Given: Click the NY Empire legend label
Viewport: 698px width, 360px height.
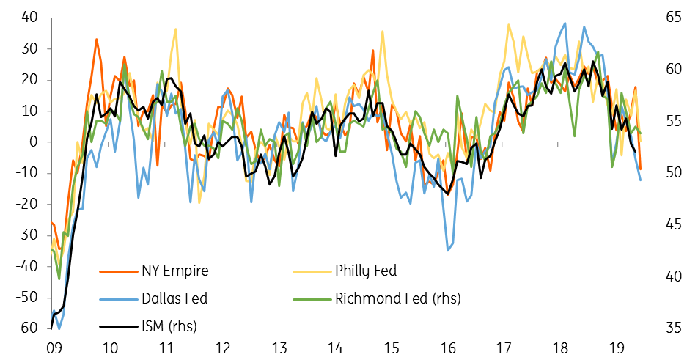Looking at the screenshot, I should (x=174, y=271).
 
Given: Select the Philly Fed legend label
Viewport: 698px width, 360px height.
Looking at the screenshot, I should (x=365, y=271).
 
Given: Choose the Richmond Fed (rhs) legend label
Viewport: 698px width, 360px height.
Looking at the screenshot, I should (x=398, y=298).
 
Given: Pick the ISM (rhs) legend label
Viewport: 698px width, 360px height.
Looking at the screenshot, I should (x=168, y=325).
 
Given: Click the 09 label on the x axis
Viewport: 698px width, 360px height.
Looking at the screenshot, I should (x=53, y=348).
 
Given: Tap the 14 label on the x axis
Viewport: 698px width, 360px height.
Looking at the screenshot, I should (x=335, y=348).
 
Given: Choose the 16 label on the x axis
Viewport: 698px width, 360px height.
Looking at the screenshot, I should (x=447, y=348).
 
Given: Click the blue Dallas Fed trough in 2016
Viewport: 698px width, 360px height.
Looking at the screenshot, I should (x=448, y=251).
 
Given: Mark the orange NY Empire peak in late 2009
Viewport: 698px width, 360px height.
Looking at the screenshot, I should (x=97, y=40).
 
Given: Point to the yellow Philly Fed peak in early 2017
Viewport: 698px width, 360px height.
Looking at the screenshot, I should (x=508, y=24).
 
